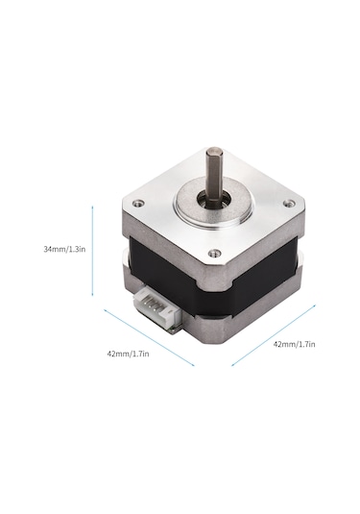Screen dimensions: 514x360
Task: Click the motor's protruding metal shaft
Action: click(215, 173)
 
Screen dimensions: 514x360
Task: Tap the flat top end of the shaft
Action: click(215, 151)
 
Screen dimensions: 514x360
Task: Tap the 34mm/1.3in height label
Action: click(63, 249)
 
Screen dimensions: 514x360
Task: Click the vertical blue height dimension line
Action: click(92, 249)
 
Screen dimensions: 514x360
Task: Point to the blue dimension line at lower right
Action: click(274, 335)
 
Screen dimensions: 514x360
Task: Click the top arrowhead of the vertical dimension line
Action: click(92, 205)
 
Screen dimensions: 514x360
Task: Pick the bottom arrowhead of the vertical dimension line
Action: click(92, 294)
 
